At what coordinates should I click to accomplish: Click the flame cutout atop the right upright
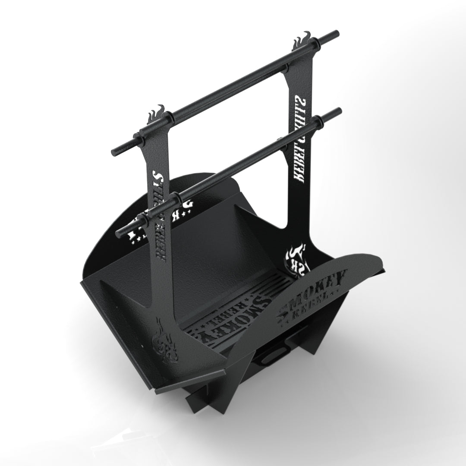[x=301, y=41]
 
